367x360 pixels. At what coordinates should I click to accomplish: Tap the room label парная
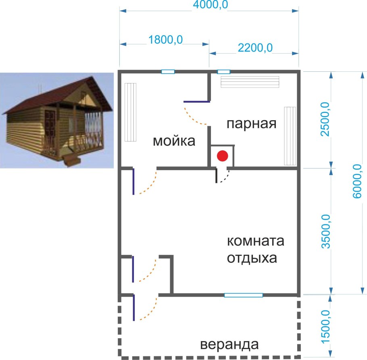(251, 123)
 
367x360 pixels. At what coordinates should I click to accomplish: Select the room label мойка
(174, 141)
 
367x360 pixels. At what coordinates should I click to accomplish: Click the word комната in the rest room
(256, 242)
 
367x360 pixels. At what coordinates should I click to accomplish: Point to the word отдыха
(252, 258)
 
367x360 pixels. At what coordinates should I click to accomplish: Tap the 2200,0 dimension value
(255, 48)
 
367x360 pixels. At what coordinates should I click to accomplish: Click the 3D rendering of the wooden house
(56, 120)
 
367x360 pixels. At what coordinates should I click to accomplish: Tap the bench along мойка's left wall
(130, 112)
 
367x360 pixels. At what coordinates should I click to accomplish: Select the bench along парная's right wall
(290, 135)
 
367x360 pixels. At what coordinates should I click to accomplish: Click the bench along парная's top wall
(250, 82)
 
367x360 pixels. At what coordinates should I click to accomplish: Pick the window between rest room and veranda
(244, 295)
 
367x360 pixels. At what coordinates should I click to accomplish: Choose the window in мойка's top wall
(168, 72)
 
